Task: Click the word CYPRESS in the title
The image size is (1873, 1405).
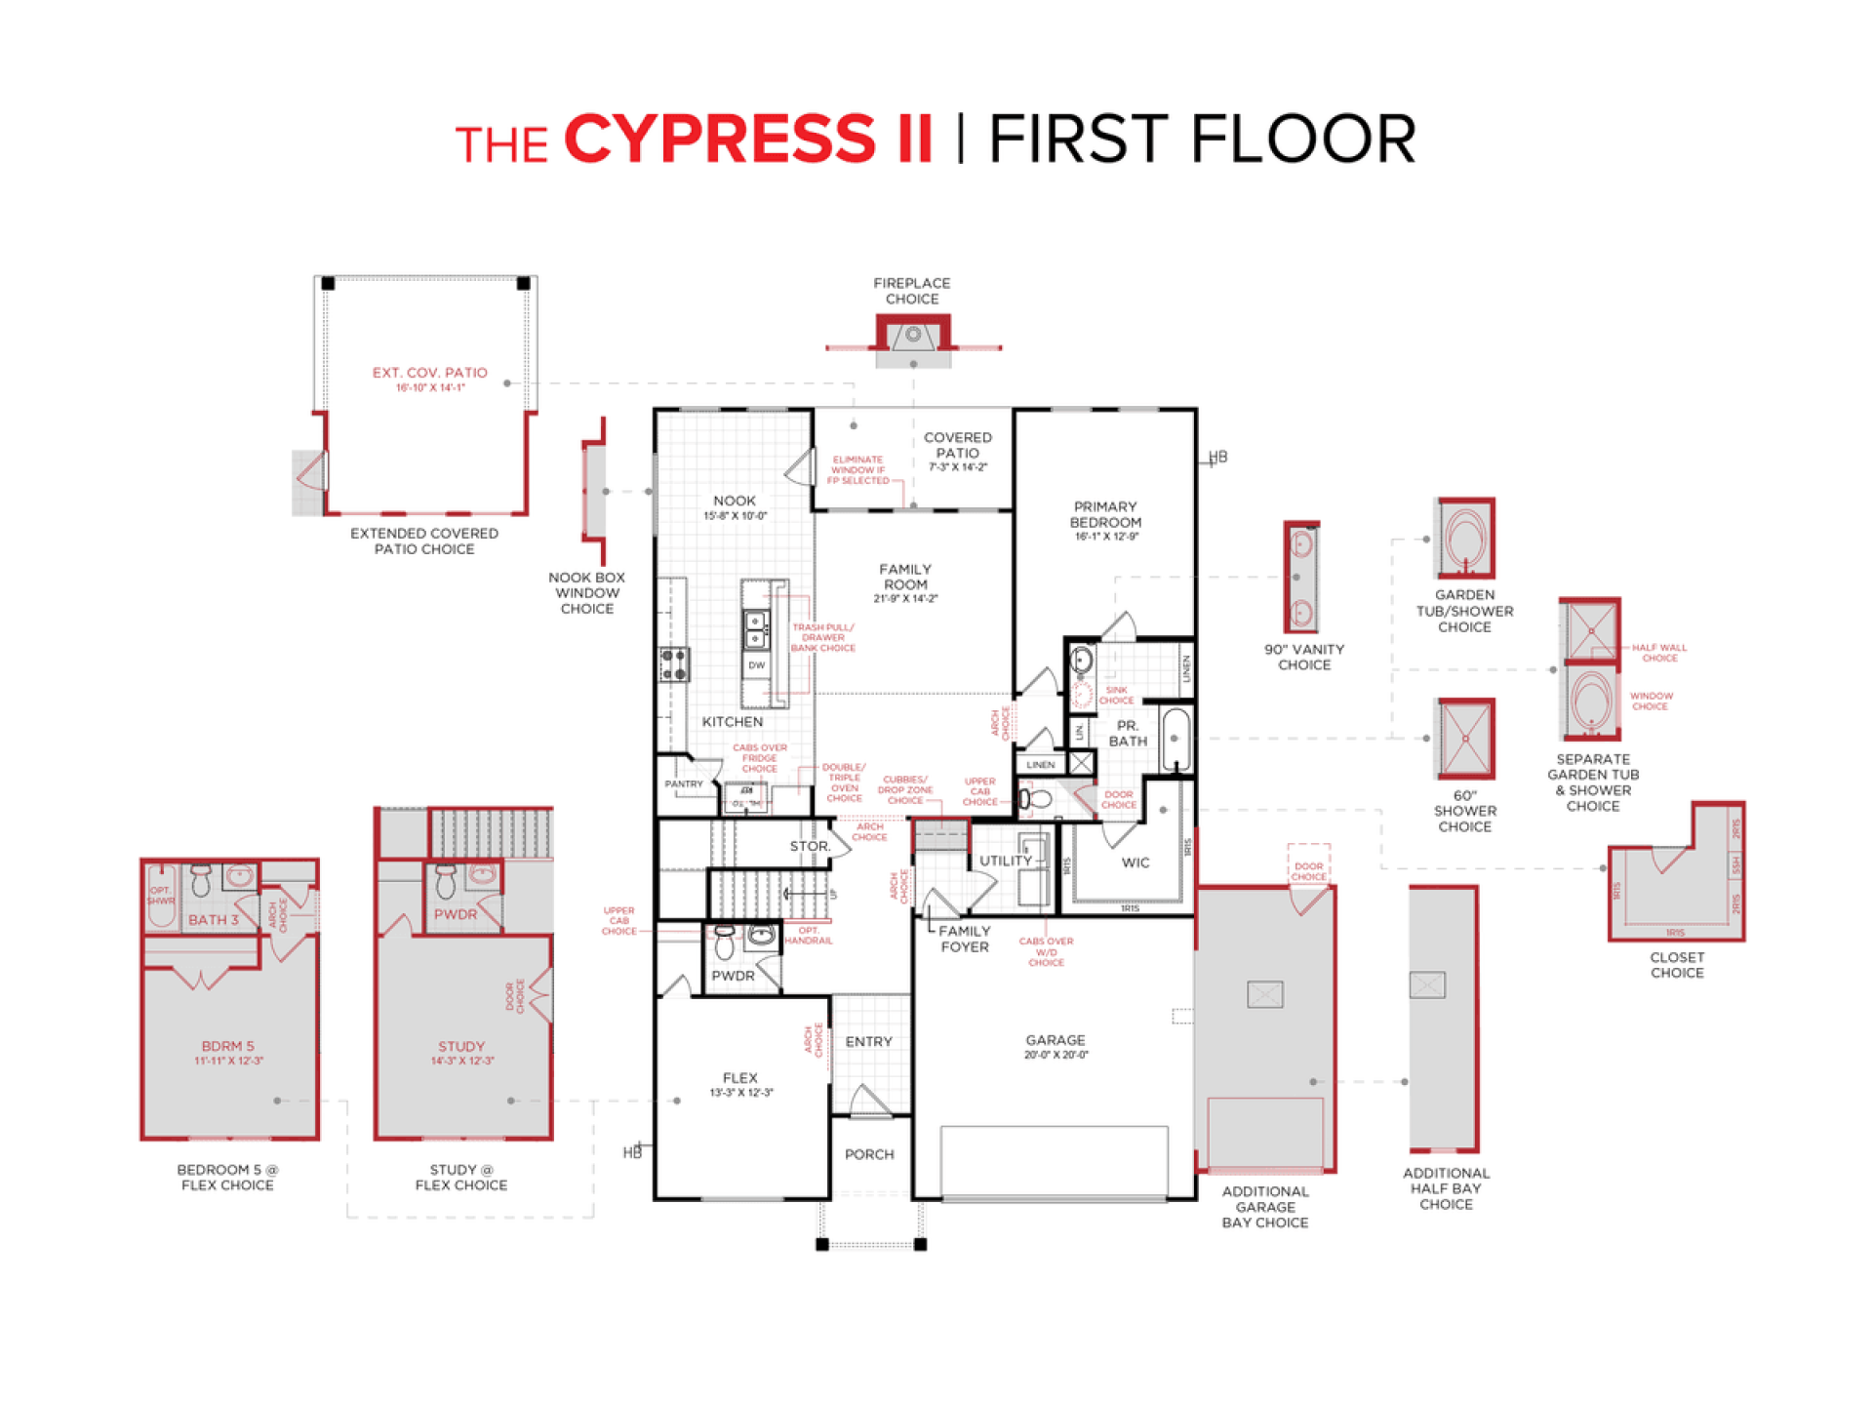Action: click(x=720, y=139)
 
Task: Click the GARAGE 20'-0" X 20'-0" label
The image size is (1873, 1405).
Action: click(x=1055, y=1044)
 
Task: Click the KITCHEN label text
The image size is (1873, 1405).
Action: click(x=732, y=722)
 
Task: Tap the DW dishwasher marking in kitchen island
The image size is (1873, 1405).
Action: click(x=756, y=665)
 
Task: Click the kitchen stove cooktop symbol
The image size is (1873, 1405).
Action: click(x=674, y=664)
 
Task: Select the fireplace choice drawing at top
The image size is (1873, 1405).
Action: click(x=913, y=338)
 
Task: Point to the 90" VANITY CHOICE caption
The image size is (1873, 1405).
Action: click(x=1304, y=657)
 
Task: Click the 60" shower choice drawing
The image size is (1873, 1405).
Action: click(x=1464, y=739)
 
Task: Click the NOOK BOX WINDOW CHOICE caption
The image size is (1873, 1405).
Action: click(x=586, y=593)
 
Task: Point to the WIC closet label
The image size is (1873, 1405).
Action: click(x=1135, y=863)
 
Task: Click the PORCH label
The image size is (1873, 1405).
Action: click(x=868, y=1154)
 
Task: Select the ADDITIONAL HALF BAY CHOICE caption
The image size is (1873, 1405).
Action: click(x=1446, y=1188)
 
